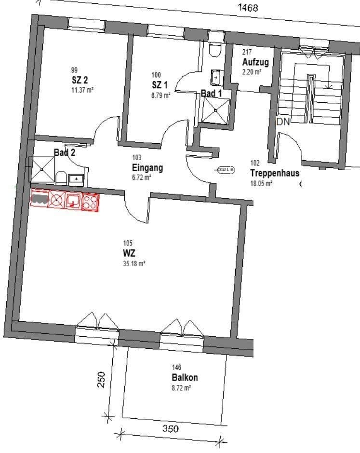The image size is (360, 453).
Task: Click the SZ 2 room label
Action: [80, 80]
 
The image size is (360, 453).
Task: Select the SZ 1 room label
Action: [160, 85]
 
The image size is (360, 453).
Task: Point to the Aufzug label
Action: [255, 62]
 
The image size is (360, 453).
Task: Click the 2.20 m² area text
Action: [252, 72]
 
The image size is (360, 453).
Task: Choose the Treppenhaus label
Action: [274, 173]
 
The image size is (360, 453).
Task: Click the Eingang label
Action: [147, 168]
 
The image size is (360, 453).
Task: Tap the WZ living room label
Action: [129, 253]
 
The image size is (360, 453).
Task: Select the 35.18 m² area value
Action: [134, 263]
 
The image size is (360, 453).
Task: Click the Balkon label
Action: [185, 377]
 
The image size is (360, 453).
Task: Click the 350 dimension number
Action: [170, 428]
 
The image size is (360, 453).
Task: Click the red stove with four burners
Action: [90, 201]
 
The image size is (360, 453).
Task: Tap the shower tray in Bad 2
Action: [42, 169]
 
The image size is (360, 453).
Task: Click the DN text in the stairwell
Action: [283, 122]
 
